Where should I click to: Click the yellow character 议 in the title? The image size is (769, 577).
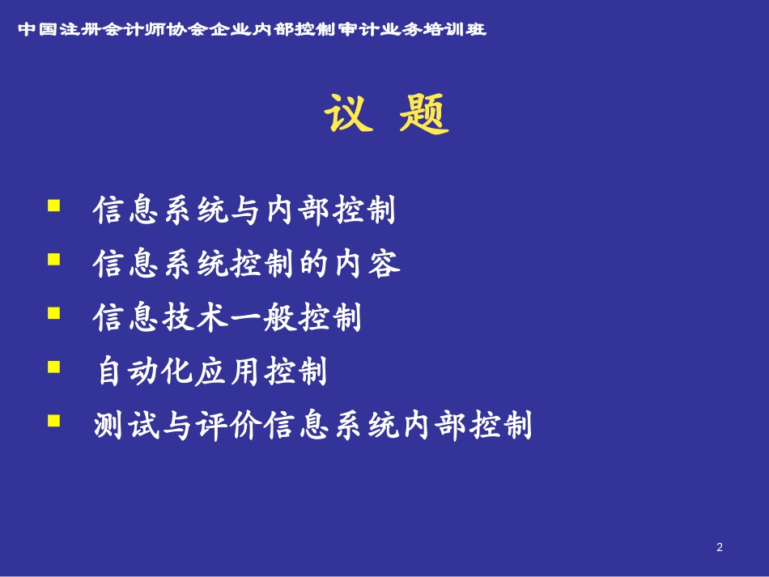tap(348, 113)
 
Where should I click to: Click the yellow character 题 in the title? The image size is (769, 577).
tap(423, 114)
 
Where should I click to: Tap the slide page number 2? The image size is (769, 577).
tap(720, 547)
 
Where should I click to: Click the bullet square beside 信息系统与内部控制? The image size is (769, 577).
tap(54, 206)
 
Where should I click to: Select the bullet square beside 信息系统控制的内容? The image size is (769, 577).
tap(54, 259)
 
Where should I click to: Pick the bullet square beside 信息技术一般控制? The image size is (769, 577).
tap(54, 312)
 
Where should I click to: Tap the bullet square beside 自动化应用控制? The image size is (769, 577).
tap(54, 367)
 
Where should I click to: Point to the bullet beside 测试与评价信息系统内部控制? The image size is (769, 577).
tap(54, 421)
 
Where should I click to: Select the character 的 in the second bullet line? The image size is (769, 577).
tap(314, 264)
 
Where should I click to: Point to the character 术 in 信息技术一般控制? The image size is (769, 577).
tap(212, 318)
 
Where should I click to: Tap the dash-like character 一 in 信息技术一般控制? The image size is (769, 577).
tap(245, 318)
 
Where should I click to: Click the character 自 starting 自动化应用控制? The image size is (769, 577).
tap(109, 371)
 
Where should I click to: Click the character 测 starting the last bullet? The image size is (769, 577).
tap(108, 425)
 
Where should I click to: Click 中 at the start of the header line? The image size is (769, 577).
tap(28, 29)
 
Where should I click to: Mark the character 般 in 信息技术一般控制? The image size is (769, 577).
tap(279, 318)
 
